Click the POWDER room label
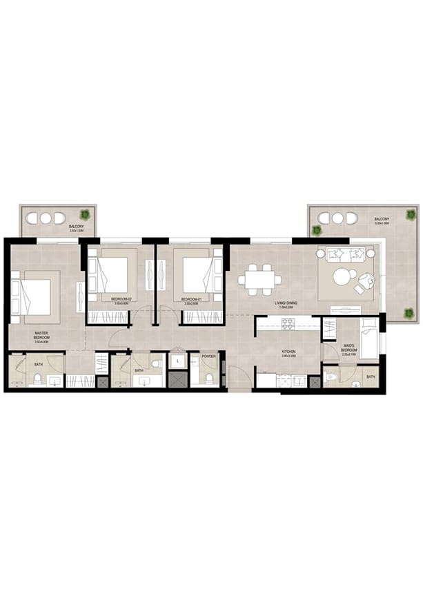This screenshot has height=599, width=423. (208, 356)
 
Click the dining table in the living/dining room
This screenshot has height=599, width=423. (260, 279)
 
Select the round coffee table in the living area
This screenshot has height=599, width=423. (343, 277)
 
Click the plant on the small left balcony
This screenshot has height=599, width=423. (86, 214)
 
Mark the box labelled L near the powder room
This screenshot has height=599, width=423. (177, 361)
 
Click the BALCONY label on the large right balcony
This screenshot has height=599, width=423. (381, 220)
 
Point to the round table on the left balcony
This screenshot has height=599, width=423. (46, 218)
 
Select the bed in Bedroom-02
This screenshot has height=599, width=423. (112, 275)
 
